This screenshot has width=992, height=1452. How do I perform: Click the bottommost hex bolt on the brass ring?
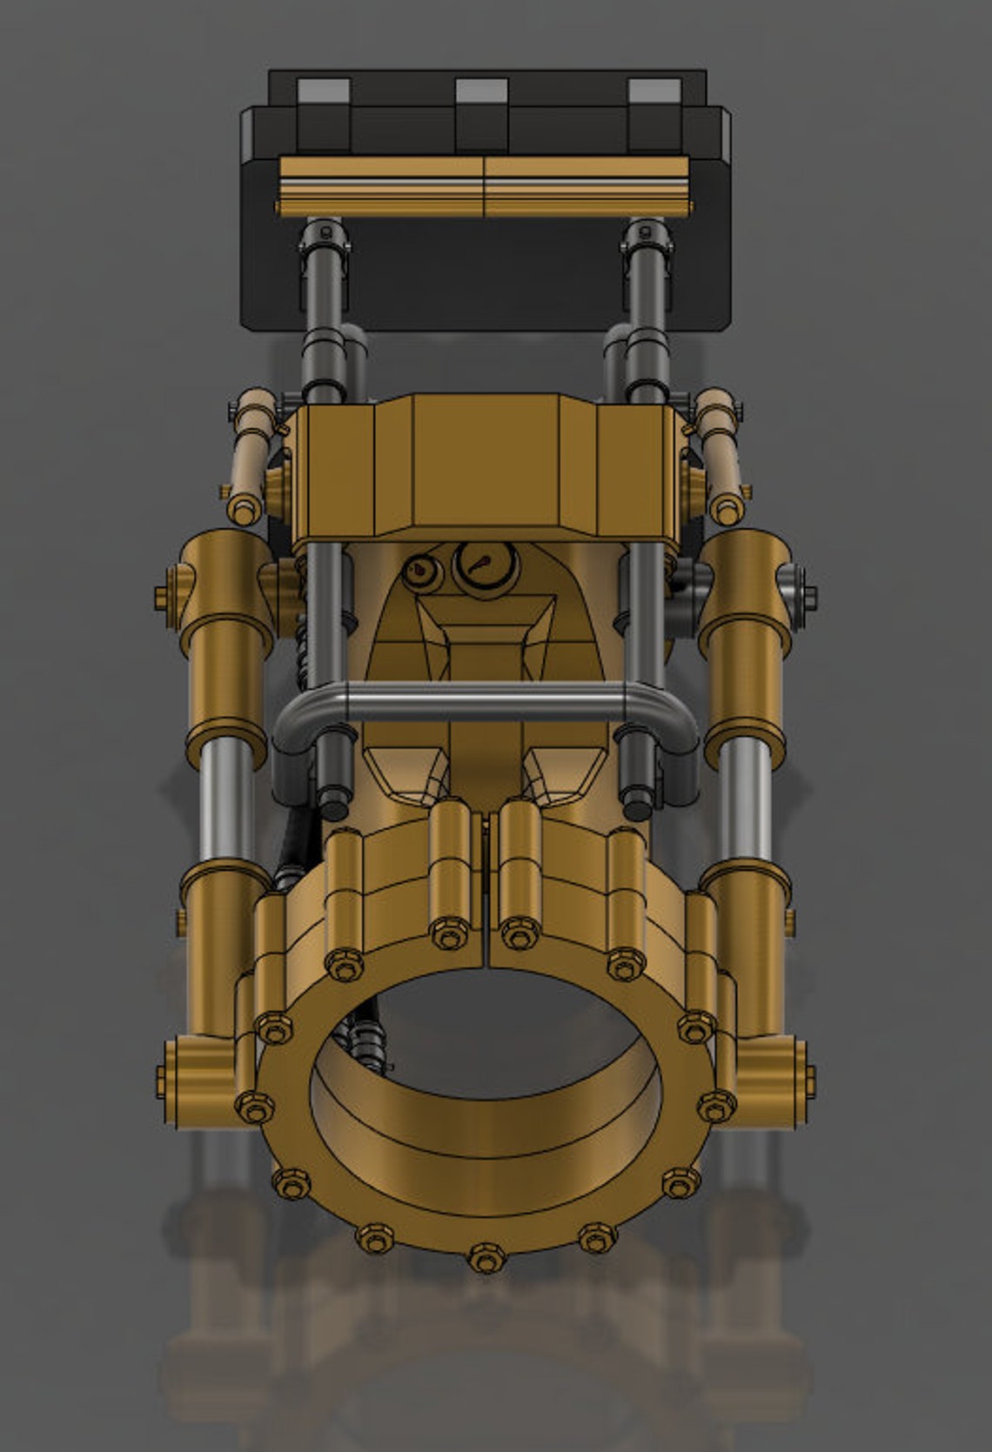483,1258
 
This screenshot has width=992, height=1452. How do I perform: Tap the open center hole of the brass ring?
487,1035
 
